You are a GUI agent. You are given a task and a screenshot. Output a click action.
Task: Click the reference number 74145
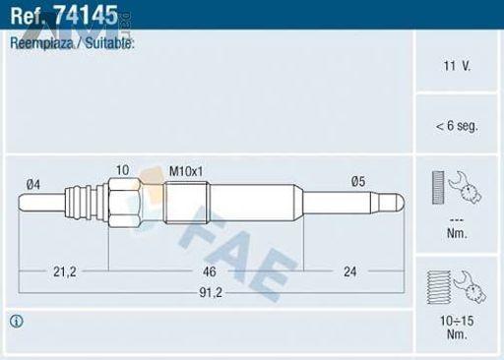click(x=86, y=15)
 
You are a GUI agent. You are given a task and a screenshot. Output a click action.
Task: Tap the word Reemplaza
click(x=41, y=43)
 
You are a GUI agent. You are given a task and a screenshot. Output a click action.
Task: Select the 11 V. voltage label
click(x=457, y=66)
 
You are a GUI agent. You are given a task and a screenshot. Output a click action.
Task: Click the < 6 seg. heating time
click(x=457, y=126)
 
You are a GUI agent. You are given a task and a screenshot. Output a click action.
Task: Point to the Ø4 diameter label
click(x=33, y=185)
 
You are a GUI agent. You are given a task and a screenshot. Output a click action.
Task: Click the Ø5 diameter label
click(x=358, y=181)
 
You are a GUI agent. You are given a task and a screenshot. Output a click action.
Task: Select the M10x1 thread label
click(x=186, y=171)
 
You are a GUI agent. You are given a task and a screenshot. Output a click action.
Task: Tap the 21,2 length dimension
click(x=65, y=271)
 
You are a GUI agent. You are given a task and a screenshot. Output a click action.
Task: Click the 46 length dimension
click(x=210, y=271)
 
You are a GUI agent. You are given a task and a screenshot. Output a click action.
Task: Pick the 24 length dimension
click(x=349, y=271)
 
